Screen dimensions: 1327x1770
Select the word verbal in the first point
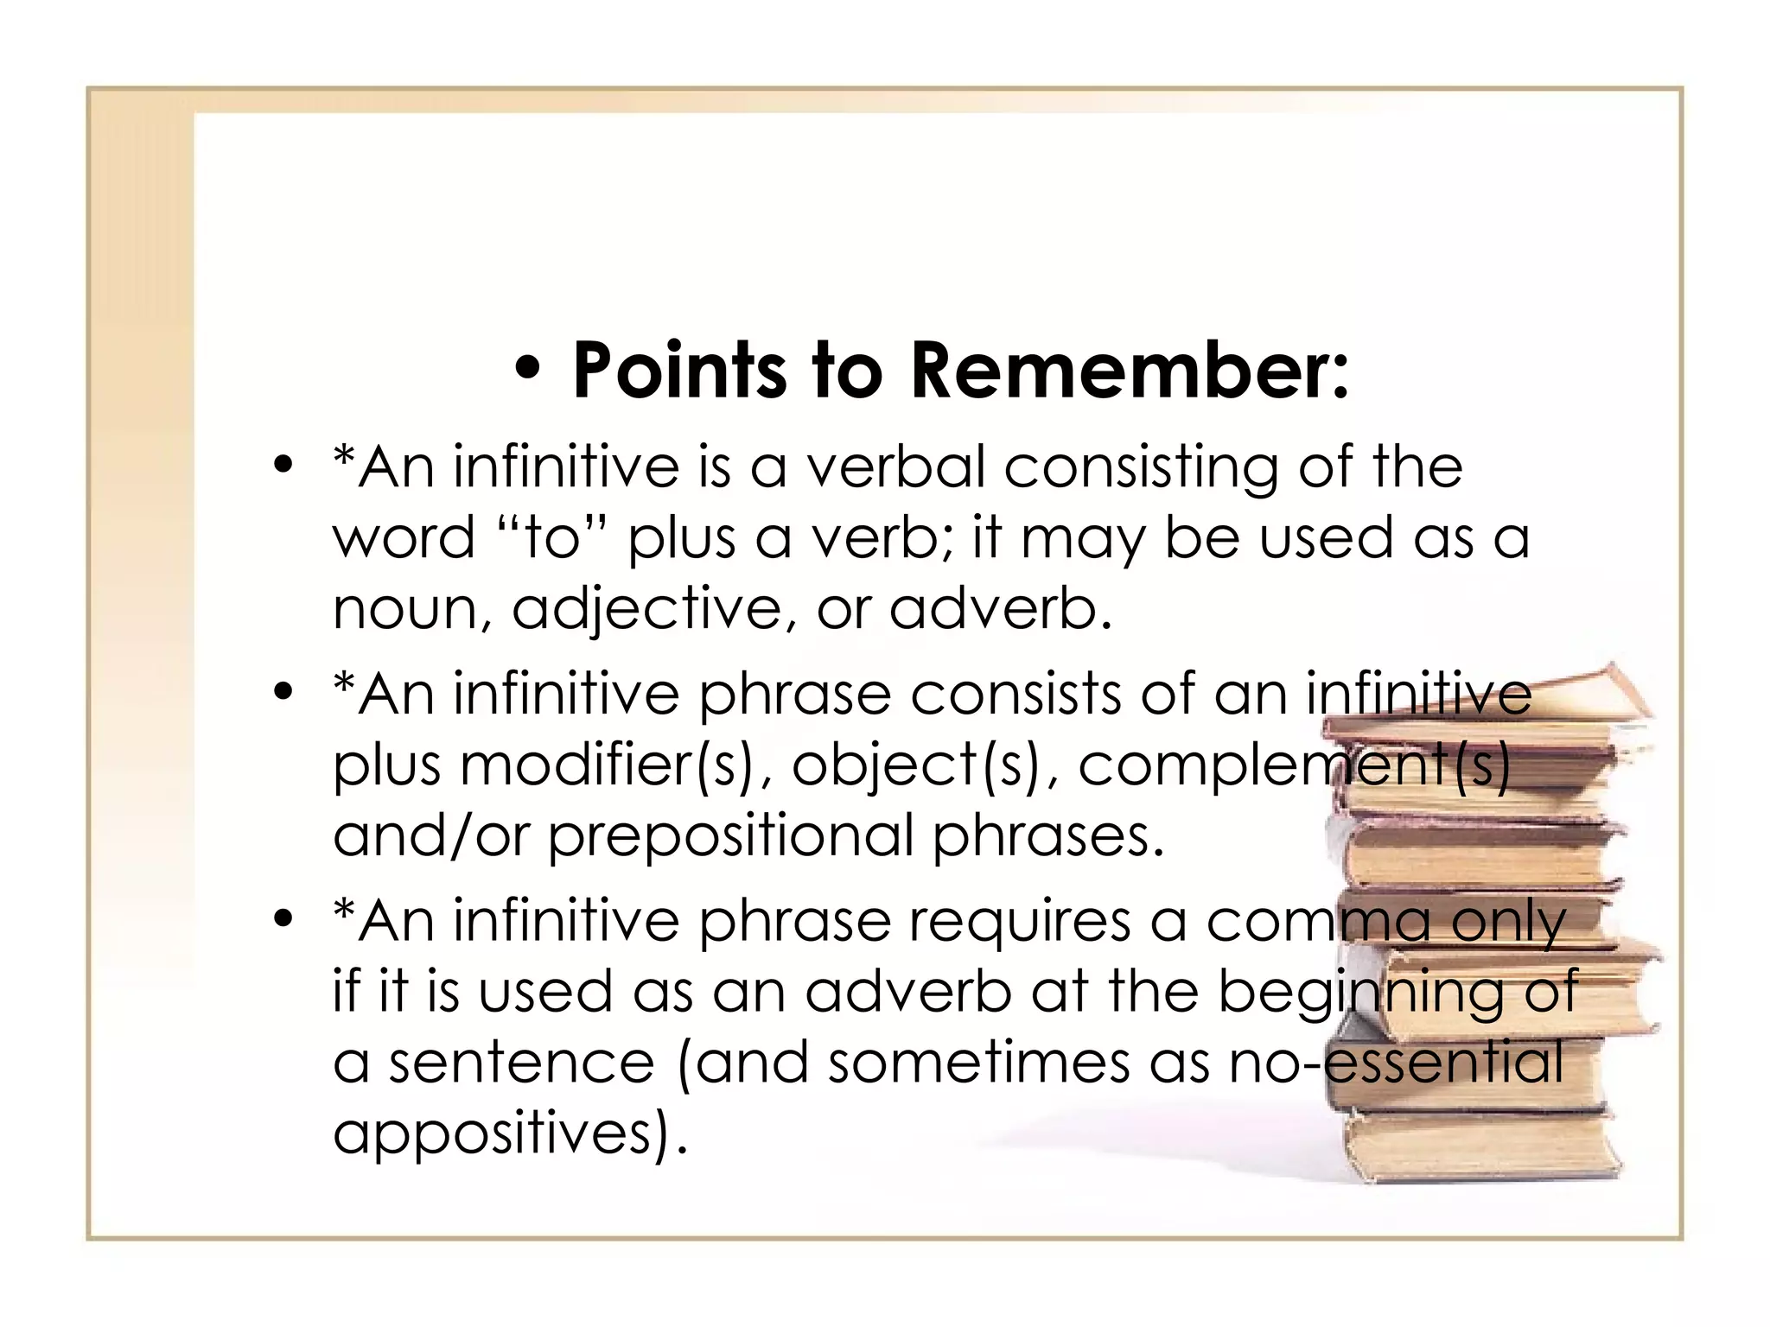(x=895, y=467)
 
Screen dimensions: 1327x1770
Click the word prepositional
(x=730, y=836)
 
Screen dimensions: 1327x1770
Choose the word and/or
(x=430, y=836)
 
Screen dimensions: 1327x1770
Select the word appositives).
(x=510, y=1133)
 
